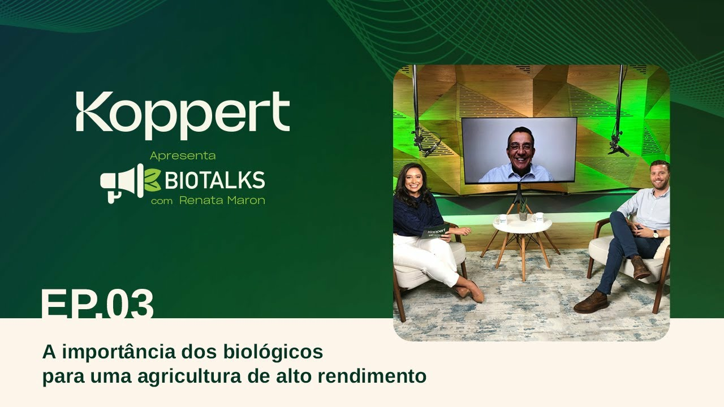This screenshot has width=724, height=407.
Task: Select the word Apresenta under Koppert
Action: click(x=183, y=155)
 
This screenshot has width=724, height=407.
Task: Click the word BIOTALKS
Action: click(x=214, y=180)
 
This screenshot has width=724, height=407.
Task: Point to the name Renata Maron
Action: click(x=222, y=201)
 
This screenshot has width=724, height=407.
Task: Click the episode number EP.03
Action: click(x=97, y=305)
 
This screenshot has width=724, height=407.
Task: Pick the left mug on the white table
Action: click(x=502, y=219)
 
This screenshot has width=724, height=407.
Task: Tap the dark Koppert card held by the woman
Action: click(x=436, y=231)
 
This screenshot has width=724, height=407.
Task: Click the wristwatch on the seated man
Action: click(x=656, y=233)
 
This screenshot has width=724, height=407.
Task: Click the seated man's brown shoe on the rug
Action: click(x=591, y=303)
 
